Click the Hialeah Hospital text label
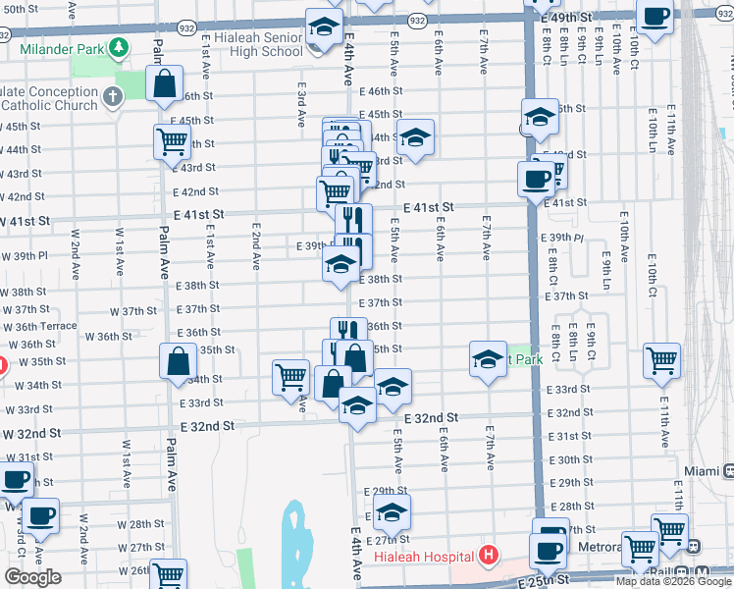[x=424, y=557]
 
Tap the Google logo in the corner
[x=32, y=577]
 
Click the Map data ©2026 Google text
[x=672, y=581]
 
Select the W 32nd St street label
[x=32, y=433]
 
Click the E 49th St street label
[x=572, y=19]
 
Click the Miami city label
[x=702, y=471]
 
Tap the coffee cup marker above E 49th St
[x=655, y=17]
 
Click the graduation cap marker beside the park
[x=487, y=358]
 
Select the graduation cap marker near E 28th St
[x=392, y=511]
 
